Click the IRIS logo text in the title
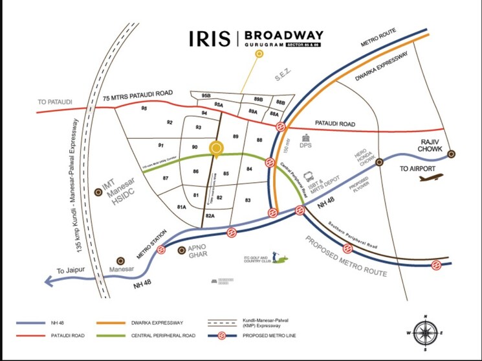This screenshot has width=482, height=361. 209,38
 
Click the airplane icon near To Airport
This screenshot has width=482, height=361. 430,178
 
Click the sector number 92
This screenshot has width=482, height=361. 170,122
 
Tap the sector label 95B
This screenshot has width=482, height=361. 206,95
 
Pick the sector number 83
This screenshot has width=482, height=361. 248,200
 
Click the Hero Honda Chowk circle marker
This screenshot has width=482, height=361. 379,160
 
